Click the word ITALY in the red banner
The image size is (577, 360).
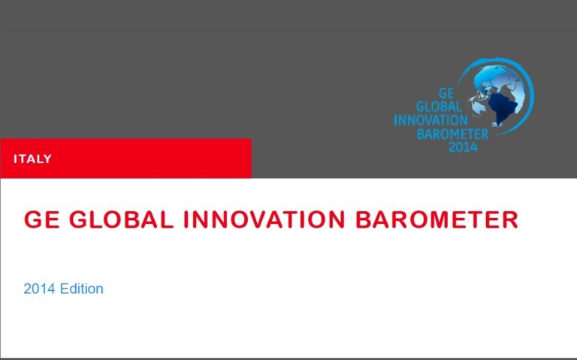tap(32, 159)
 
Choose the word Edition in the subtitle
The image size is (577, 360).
tap(81, 289)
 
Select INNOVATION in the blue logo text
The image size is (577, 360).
tap(431, 121)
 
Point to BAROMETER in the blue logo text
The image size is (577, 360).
tap(452, 135)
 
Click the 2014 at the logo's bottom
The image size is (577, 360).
tap(464, 147)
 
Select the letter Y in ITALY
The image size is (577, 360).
tap(47, 159)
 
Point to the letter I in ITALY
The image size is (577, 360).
tap(16, 159)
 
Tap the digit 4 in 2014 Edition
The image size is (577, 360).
tap(52, 289)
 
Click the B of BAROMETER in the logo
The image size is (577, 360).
tap(421, 135)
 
